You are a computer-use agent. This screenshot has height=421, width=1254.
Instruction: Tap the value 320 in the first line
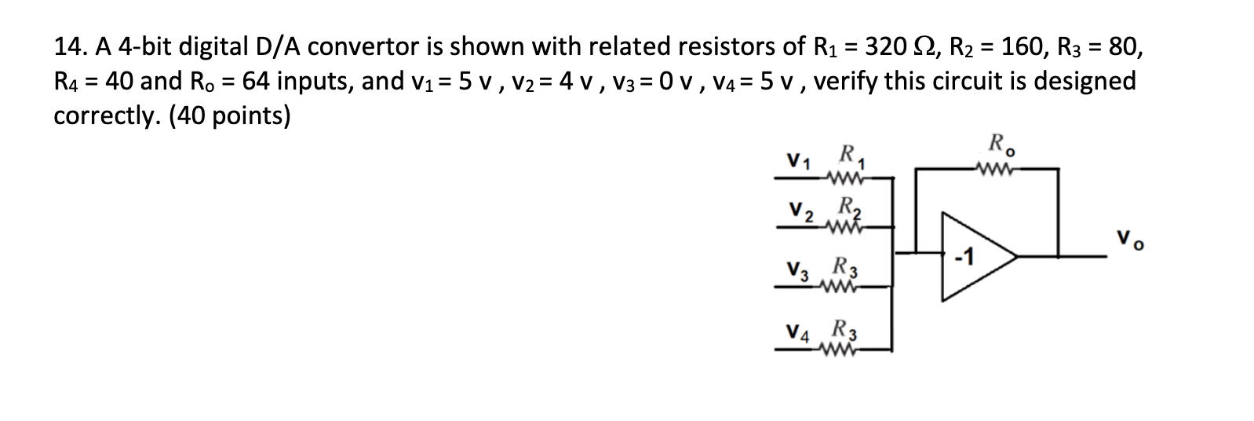[x=884, y=47]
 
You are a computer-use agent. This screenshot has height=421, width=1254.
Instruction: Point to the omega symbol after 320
[x=918, y=47]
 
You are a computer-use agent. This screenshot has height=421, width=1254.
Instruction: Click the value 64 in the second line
[x=255, y=82]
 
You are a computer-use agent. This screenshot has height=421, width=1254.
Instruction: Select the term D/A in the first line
[x=279, y=48]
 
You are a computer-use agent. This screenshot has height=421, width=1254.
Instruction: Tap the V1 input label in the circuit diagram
[x=799, y=161]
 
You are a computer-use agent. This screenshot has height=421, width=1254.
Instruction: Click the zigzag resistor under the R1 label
[x=848, y=179]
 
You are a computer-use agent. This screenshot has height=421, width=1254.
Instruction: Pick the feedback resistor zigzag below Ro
[x=993, y=168]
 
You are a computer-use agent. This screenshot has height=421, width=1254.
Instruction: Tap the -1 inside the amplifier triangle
[x=964, y=257]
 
